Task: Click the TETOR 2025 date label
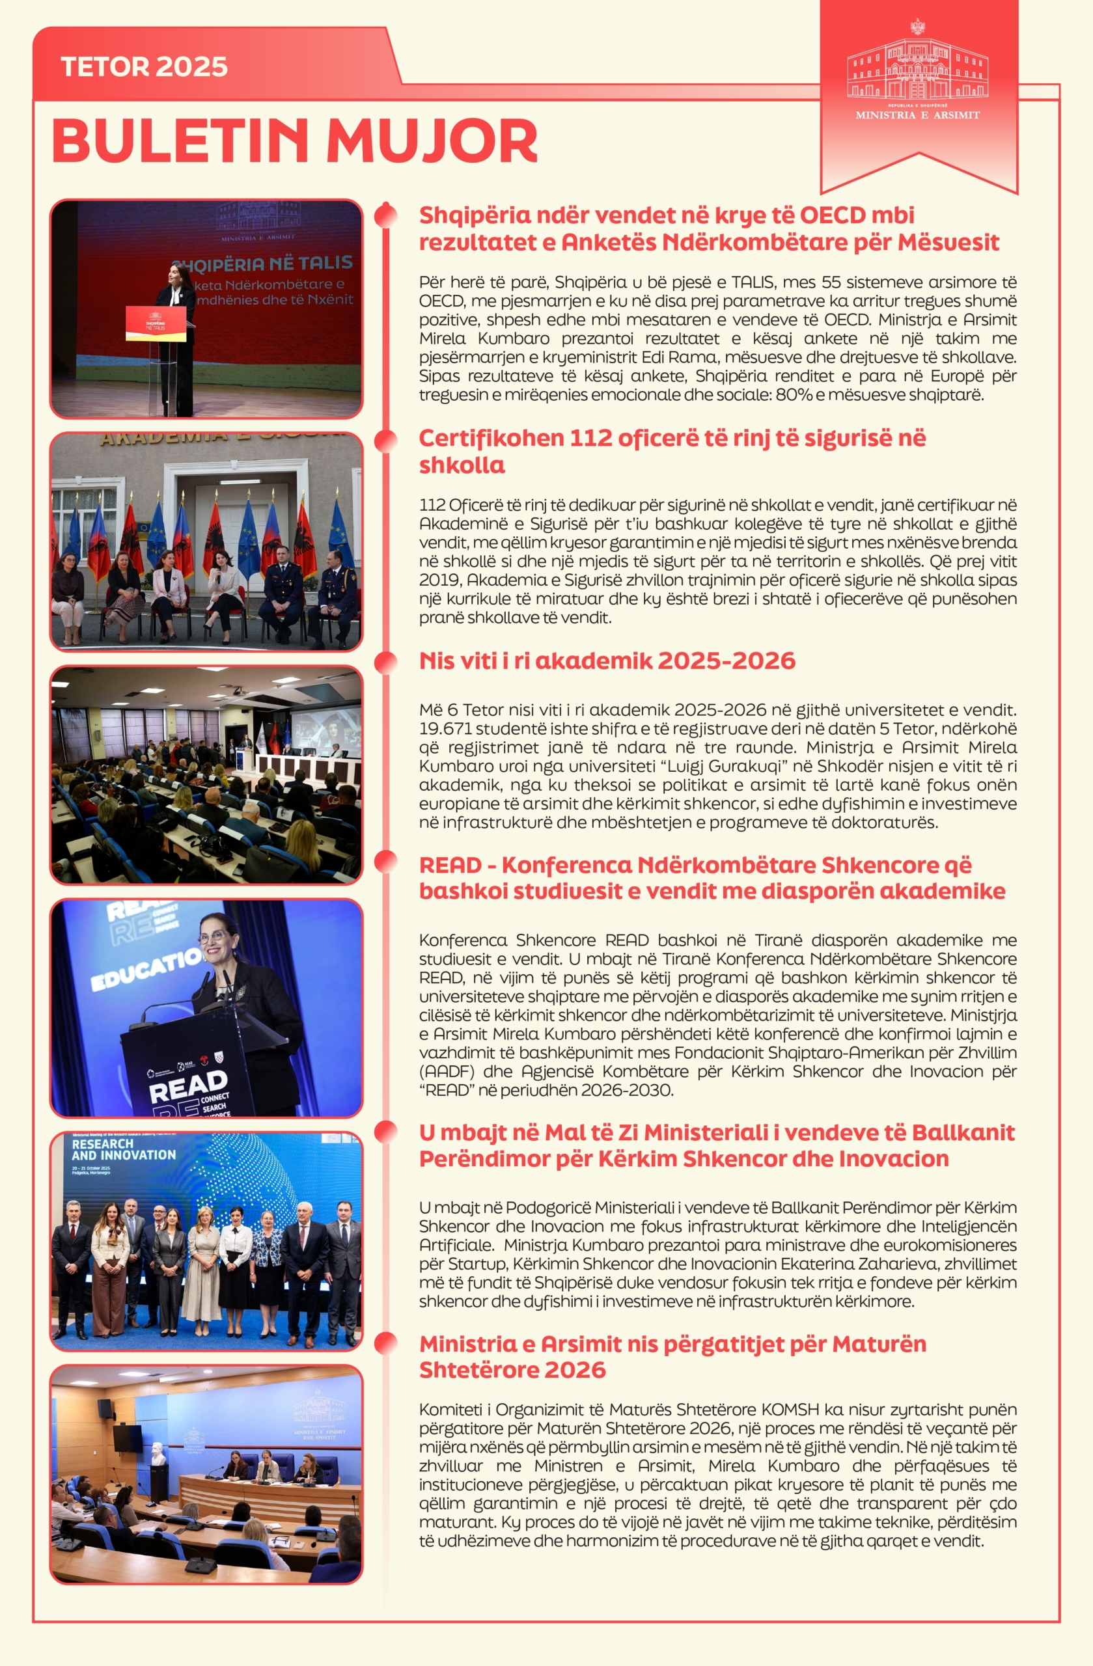point(145,66)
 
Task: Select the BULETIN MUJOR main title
point(295,141)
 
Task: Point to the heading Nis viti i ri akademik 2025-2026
point(607,660)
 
